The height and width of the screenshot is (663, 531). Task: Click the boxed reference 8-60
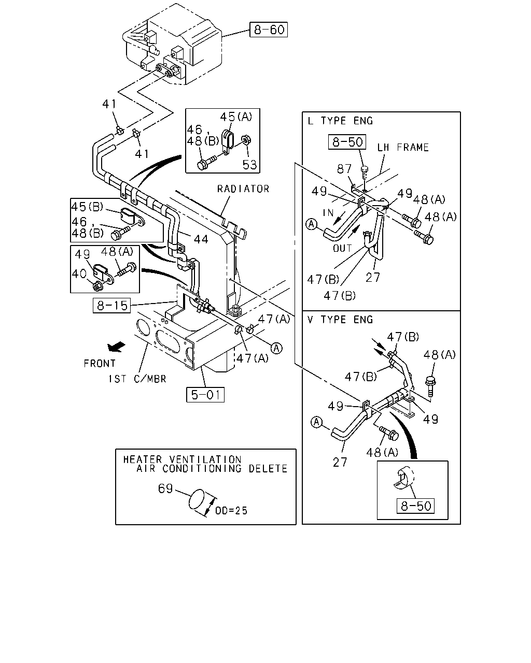coord(269,30)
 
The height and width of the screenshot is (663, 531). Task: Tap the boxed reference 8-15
coord(111,305)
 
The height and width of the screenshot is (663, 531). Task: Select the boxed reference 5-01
coord(205,395)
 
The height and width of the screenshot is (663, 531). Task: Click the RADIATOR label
coord(243,189)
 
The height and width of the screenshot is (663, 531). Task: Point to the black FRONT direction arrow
coord(116,347)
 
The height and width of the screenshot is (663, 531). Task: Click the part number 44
coord(201,239)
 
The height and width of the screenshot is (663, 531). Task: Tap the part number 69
coord(165,488)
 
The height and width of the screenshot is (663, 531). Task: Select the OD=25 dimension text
coord(231,511)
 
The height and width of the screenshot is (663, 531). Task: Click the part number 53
coord(249,165)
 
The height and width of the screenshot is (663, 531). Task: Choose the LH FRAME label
coord(403,148)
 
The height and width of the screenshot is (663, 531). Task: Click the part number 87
coord(344,169)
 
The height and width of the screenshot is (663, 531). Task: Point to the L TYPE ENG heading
coord(340,121)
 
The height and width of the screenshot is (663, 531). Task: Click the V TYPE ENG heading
coord(340,320)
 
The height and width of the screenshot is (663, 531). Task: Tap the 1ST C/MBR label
coord(137,379)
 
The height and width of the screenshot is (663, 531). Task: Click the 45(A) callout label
coord(236,117)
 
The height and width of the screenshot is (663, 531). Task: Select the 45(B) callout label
coord(87,207)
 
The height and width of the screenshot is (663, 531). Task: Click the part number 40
coord(79,273)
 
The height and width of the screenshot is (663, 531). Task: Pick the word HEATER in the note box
coord(142,459)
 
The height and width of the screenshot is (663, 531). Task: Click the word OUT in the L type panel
coord(342,248)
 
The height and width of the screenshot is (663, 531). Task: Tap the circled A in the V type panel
coord(316,422)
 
